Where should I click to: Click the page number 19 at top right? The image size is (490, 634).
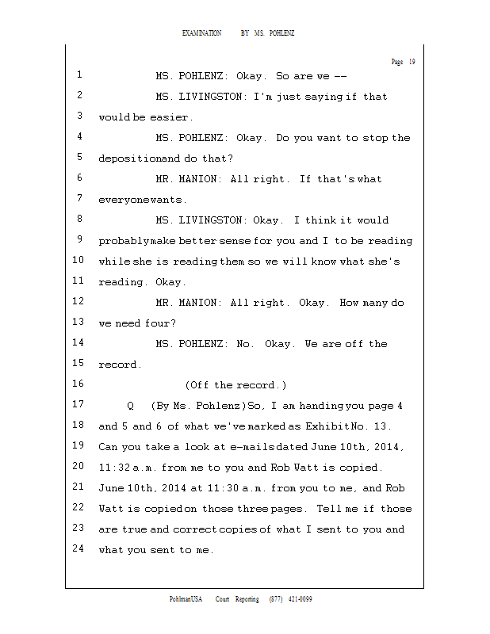coord(412,62)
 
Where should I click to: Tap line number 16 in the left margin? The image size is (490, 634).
coord(78,384)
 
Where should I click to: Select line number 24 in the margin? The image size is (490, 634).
coord(78,548)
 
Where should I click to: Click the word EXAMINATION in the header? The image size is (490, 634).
coord(202,33)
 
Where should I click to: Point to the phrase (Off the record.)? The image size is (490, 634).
coord(235,385)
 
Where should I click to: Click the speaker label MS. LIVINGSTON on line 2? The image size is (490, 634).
coord(201,97)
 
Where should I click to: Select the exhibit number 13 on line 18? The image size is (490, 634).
coord(394,426)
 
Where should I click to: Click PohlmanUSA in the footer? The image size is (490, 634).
coord(186,599)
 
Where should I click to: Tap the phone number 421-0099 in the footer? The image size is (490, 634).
coord(300,599)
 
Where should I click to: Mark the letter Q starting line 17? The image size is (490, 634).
coord(130,406)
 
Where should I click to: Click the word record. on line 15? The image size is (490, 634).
coord(120,365)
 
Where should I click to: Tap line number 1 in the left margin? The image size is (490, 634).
coord(79,75)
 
